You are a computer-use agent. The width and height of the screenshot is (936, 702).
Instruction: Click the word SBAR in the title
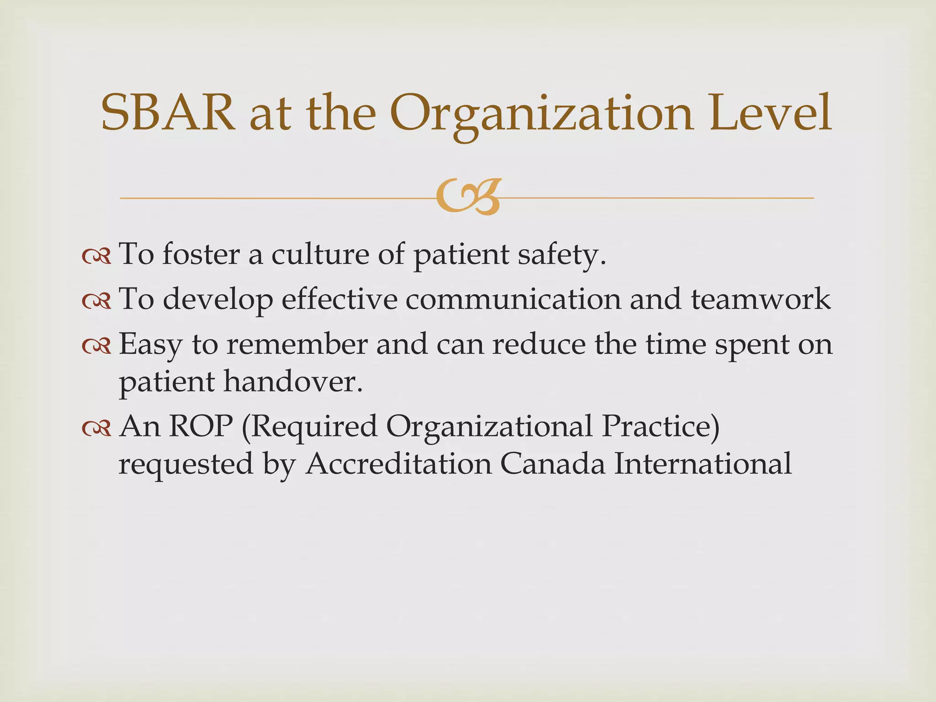click(x=168, y=113)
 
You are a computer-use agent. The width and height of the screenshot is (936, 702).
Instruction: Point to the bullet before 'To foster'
click(x=96, y=257)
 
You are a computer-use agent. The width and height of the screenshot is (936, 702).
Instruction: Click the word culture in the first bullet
click(x=320, y=254)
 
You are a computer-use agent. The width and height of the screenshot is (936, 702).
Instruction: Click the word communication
click(x=513, y=299)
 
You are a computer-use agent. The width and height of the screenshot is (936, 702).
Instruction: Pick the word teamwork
click(x=760, y=299)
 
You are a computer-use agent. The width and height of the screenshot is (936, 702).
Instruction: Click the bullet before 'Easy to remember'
click(x=96, y=347)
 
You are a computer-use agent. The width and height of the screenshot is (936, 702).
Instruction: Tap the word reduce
click(x=539, y=344)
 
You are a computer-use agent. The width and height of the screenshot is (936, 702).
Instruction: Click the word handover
click(x=292, y=382)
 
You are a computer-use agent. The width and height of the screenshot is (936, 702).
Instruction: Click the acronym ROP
click(x=200, y=426)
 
